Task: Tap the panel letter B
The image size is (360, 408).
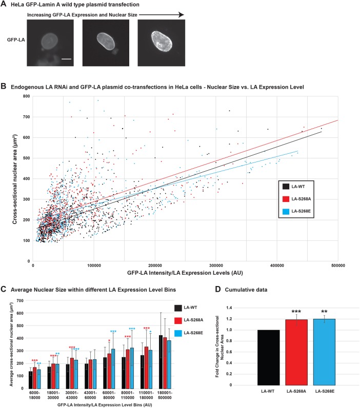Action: [x=4, y=88]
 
